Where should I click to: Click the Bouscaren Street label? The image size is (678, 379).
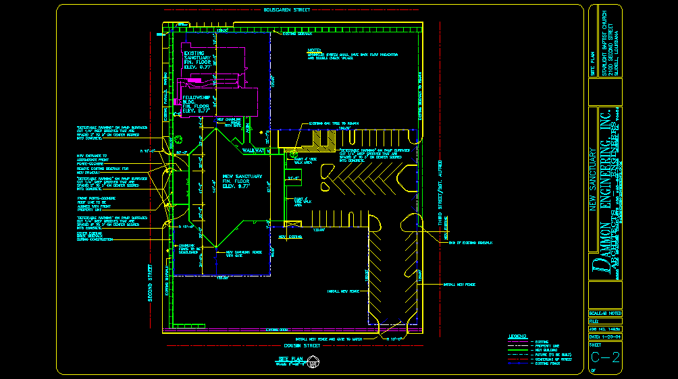pyautogui.click(x=286, y=10)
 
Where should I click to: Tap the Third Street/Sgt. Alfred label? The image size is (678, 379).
pyautogui.click(x=440, y=192)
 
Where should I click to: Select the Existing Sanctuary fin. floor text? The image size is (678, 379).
pyautogui.click(x=199, y=60)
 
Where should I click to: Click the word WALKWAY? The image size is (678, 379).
pyautogui.click(x=255, y=150)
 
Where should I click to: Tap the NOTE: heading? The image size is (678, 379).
pyautogui.click(x=314, y=50)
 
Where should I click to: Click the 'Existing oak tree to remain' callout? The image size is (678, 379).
pyautogui.click(x=334, y=123)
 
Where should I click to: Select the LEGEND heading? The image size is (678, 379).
pyautogui.click(x=517, y=335)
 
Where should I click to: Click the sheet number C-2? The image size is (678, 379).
pyautogui.click(x=605, y=357)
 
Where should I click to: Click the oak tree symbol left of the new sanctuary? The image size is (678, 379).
pyautogui.click(x=180, y=141)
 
